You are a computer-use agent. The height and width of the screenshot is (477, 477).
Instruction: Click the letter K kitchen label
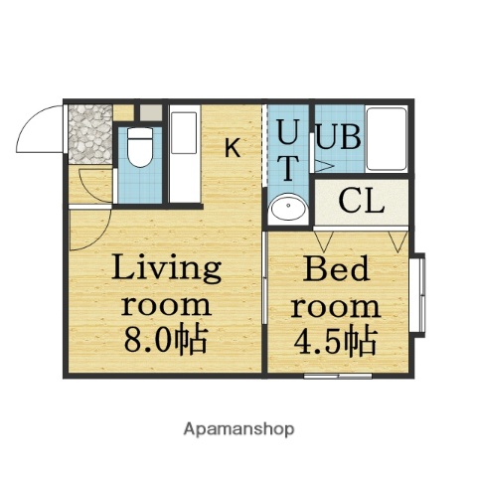click(x=231, y=149)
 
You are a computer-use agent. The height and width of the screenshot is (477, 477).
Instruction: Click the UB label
click(x=338, y=135)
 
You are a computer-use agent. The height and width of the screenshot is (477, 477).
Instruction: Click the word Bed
click(x=338, y=269)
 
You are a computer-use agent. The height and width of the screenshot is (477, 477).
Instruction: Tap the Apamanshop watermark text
click(x=238, y=429)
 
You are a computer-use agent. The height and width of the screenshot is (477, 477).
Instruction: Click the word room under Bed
click(x=338, y=305)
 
